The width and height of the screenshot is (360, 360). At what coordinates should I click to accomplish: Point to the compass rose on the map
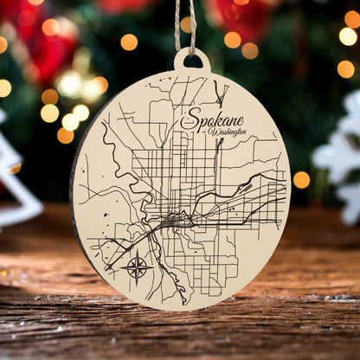coord(137,267)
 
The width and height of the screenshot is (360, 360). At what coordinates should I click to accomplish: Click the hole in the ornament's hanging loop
coord(191,61)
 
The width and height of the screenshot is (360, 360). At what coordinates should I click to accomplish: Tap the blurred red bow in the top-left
coord(43,43)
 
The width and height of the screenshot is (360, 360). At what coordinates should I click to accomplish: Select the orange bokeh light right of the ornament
coord(301,179)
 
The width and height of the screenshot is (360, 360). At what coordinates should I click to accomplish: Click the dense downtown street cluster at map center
coord(177,222)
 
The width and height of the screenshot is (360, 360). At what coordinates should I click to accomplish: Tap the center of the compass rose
coord(137,267)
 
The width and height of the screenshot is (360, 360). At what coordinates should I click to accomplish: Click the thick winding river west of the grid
coord(130,169)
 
